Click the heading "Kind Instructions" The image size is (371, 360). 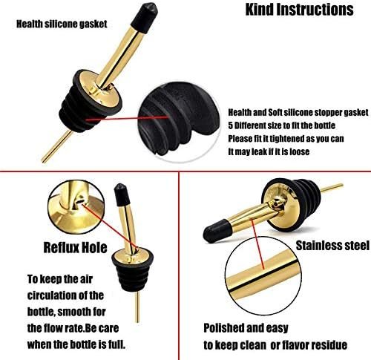click(299, 10)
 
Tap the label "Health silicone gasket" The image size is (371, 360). click(62, 24)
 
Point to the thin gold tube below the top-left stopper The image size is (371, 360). click(57, 146)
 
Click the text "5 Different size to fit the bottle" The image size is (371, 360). click(281, 125)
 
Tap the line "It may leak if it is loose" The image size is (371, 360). click(269, 151)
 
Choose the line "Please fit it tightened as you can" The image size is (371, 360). click(286, 139)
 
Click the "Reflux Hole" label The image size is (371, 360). click(75, 247)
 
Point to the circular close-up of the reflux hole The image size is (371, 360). click(76, 207)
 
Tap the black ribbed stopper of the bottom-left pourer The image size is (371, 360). click(132, 275)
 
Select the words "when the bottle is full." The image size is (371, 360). click(76, 344)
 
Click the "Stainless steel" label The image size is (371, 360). click(332, 246)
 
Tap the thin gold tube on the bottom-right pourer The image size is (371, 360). click(332, 188)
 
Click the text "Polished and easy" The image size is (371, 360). click(246, 328)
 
